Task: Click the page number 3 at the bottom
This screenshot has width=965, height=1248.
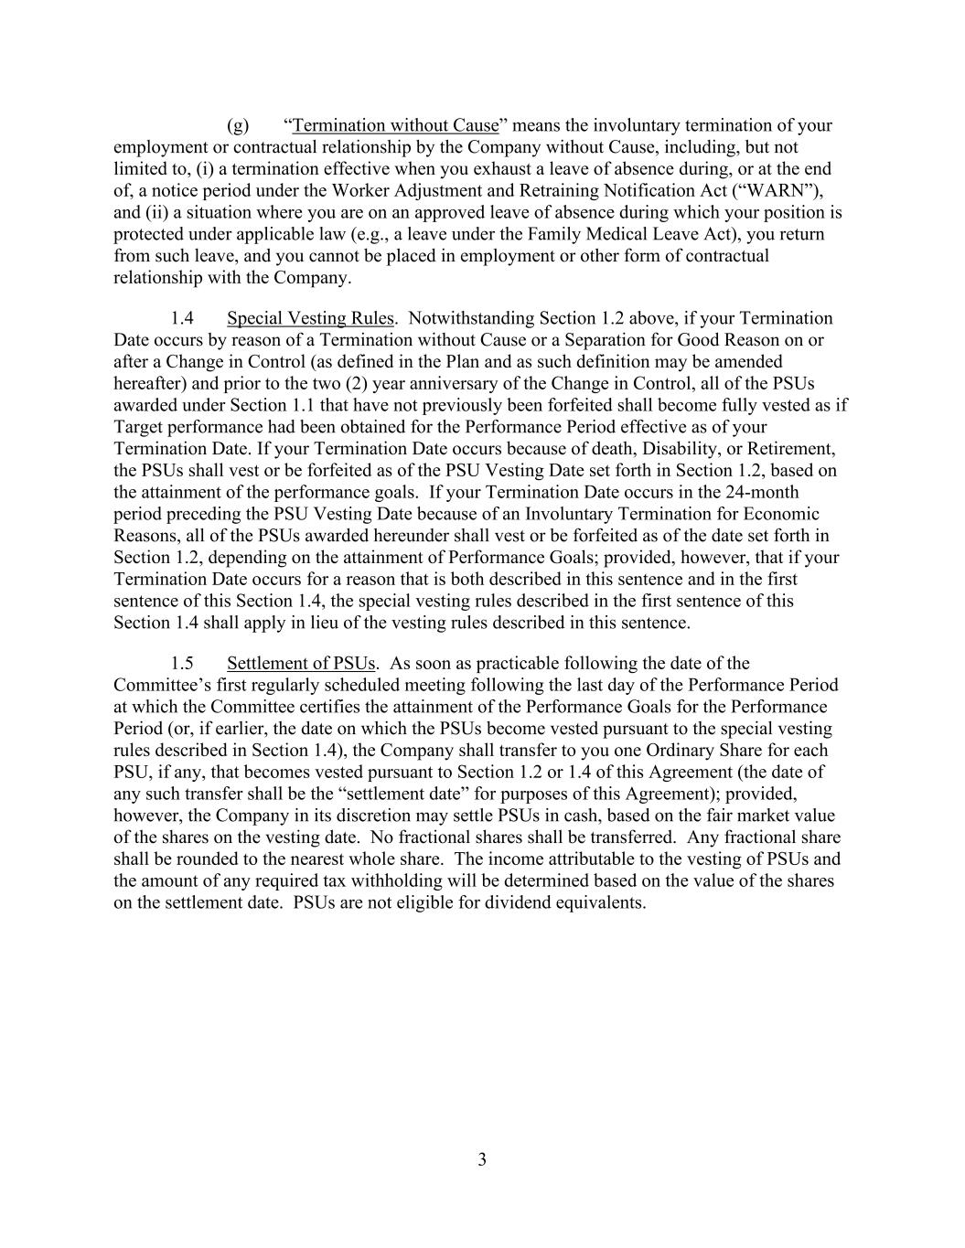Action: tap(482, 1160)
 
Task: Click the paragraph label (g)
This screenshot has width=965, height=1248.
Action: tap(238, 125)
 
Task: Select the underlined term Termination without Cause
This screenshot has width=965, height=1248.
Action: tap(395, 125)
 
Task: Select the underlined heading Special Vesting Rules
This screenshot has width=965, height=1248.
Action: tap(310, 318)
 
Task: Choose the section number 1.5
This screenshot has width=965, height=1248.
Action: tap(182, 663)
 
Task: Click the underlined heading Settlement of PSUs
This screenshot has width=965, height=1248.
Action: tap(302, 663)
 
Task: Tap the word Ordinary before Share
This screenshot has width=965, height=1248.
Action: tap(664, 751)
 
